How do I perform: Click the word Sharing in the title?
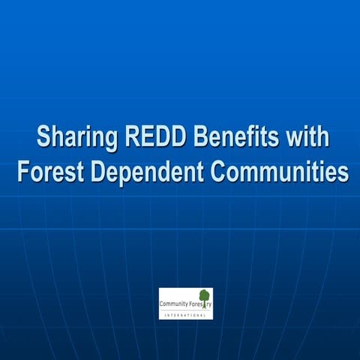tap(72, 139)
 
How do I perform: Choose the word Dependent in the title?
tap(146, 172)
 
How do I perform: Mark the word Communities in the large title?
tap(280, 172)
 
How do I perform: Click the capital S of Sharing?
tap(43, 139)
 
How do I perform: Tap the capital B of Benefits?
tap(200, 139)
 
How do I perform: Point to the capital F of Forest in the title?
tap(22, 172)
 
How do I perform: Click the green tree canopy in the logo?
tap(204, 295)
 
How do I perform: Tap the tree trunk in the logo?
tap(204, 305)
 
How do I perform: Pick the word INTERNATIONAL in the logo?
tap(185, 315)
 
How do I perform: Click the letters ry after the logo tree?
tap(209, 304)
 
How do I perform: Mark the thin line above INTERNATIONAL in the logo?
tap(185, 310)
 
